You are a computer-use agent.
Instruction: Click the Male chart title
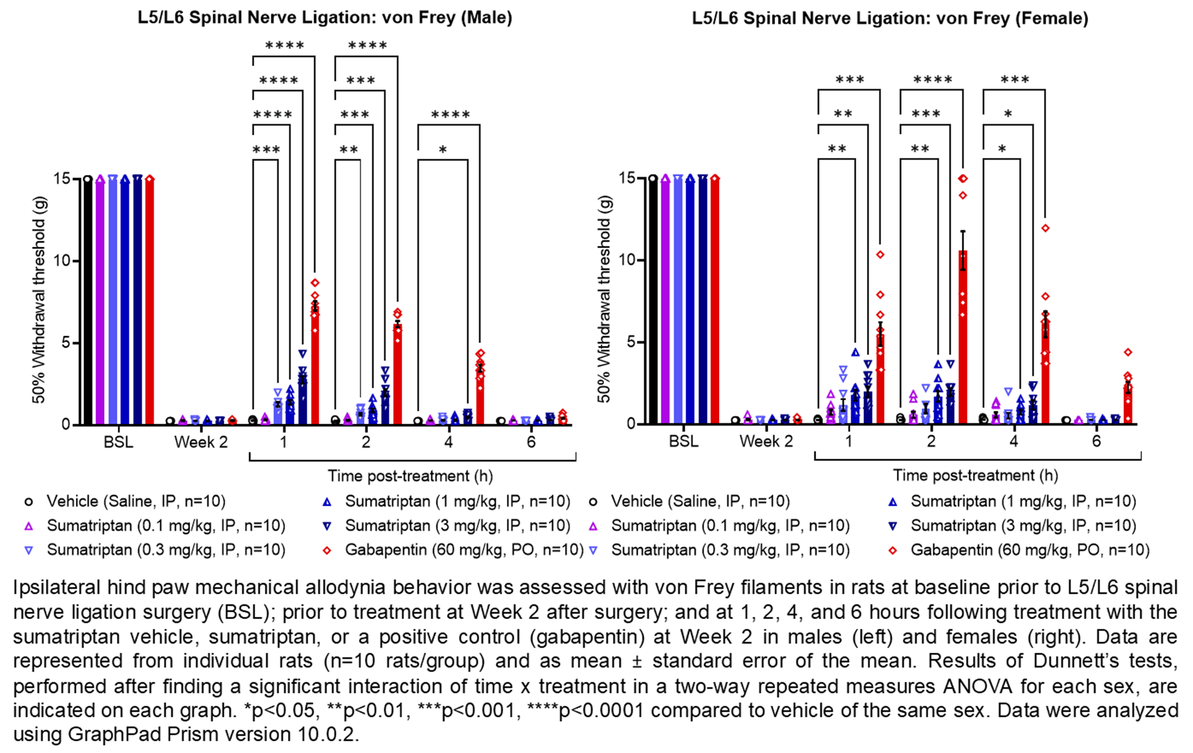click(x=325, y=18)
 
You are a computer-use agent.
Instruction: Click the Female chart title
click(x=890, y=19)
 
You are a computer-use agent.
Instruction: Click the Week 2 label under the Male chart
click(x=201, y=442)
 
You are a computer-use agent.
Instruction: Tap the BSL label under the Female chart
click(x=683, y=441)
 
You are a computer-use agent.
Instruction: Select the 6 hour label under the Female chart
click(x=1096, y=441)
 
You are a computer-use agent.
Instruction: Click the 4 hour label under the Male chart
click(x=448, y=442)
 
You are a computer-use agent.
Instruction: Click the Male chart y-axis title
click(x=40, y=300)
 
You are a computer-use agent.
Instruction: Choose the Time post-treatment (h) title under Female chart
click(x=975, y=475)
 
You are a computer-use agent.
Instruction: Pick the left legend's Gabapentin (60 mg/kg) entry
click(x=464, y=550)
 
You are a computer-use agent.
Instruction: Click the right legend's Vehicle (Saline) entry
click(x=699, y=501)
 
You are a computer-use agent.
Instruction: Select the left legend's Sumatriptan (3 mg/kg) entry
click(x=457, y=526)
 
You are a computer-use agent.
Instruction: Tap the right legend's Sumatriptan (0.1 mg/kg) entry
click(x=730, y=526)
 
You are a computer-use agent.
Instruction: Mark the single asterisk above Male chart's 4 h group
click(x=443, y=150)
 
